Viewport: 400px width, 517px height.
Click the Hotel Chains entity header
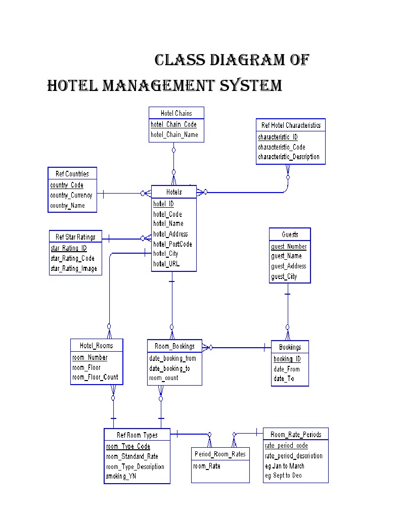(176, 113)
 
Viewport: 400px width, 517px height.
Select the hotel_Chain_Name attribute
(174, 135)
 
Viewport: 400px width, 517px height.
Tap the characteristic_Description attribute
(288, 157)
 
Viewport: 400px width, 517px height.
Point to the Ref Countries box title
(72, 174)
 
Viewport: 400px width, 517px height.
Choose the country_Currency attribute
(71, 196)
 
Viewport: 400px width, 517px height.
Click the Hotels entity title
(173, 193)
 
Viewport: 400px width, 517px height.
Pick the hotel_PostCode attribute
(172, 244)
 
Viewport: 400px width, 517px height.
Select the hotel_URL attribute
(166, 264)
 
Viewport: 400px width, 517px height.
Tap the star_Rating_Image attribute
(73, 269)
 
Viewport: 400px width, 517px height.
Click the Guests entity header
(290, 234)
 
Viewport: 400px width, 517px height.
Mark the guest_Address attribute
(288, 266)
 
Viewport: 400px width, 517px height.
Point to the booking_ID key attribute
(287, 359)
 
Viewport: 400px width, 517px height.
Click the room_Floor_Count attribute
(95, 377)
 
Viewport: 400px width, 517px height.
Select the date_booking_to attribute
(169, 368)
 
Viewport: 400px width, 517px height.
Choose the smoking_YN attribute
(120, 476)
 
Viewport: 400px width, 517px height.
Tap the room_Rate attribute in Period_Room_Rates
(206, 466)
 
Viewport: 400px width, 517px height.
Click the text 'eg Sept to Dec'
(283, 476)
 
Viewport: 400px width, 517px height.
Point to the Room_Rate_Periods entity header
(295, 435)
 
